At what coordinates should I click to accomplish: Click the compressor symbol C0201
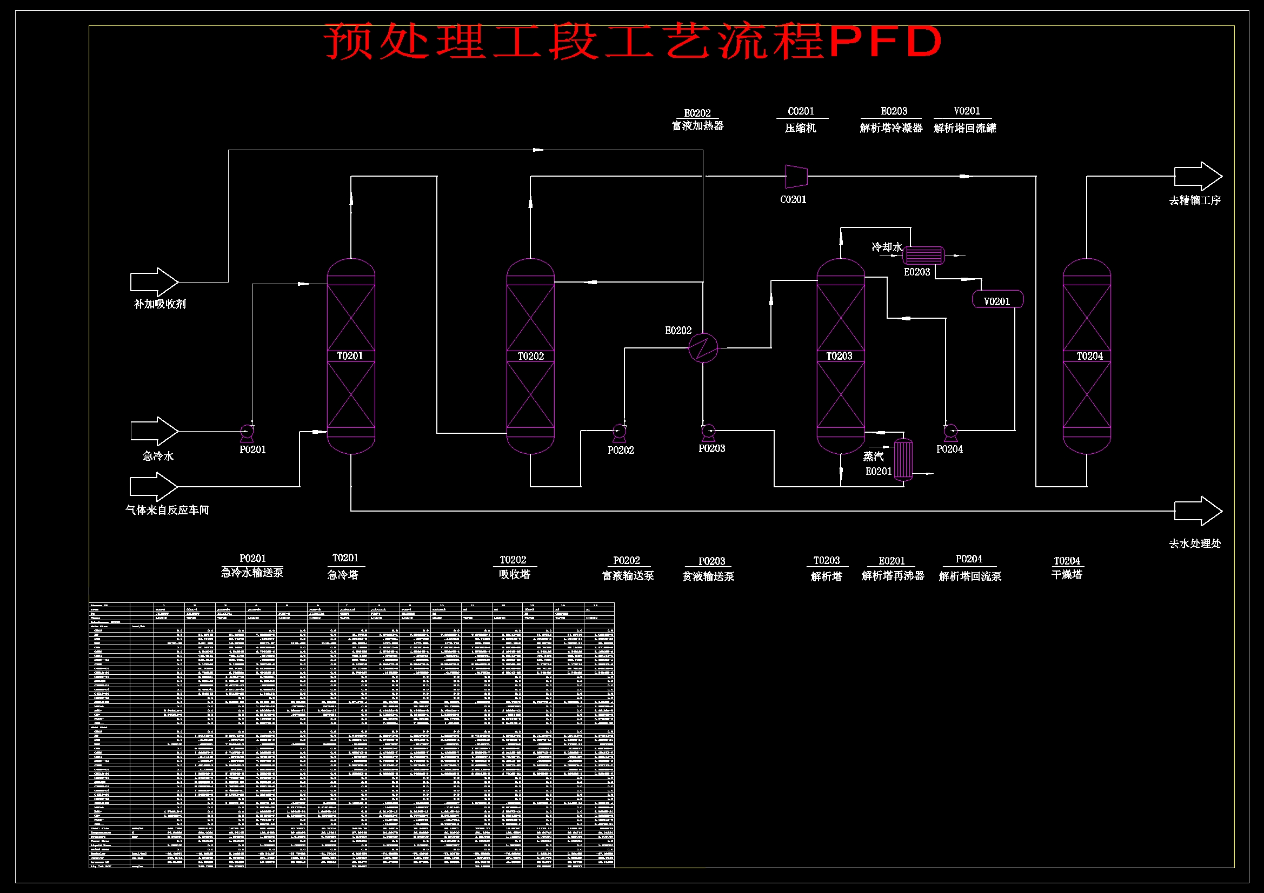click(x=796, y=177)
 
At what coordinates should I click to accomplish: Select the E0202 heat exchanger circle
click(x=703, y=348)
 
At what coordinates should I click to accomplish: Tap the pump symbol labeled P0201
click(x=247, y=433)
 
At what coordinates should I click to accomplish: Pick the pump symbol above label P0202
click(x=620, y=433)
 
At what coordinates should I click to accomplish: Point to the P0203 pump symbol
click(x=708, y=431)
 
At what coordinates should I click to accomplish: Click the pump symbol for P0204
click(x=950, y=432)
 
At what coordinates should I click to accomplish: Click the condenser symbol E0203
click(x=924, y=256)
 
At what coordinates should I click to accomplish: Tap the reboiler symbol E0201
click(x=903, y=459)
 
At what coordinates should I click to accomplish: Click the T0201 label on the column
click(x=350, y=356)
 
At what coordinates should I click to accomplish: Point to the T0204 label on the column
click(x=1089, y=357)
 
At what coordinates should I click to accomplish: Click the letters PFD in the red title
click(x=886, y=41)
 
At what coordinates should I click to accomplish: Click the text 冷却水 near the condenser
click(x=886, y=247)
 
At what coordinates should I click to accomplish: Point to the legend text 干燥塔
click(x=1066, y=575)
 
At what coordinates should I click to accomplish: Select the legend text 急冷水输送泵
click(x=252, y=573)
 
